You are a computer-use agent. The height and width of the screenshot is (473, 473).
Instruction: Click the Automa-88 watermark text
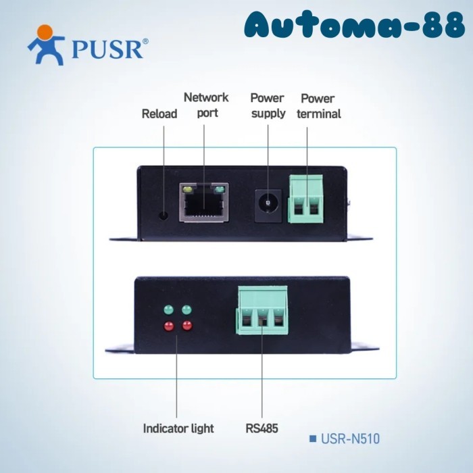click(x=355, y=24)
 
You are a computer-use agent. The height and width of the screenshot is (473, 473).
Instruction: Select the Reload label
click(x=159, y=114)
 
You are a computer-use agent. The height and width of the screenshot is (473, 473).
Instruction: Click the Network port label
click(x=206, y=105)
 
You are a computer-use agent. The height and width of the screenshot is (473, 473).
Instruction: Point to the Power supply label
click(x=268, y=105)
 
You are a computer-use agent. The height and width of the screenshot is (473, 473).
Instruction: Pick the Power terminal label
click(x=318, y=106)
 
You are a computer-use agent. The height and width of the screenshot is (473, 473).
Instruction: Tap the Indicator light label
click(x=178, y=428)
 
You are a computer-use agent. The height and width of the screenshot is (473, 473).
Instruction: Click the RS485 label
click(x=262, y=428)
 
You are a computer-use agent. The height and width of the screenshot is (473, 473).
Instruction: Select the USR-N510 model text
click(x=350, y=439)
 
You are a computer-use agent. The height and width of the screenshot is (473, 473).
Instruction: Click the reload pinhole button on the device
click(x=164, y=216)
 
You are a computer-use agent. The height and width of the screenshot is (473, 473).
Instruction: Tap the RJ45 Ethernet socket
click(x=204, y=203)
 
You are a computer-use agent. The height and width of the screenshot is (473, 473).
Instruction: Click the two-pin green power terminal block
click(x=305, y=199)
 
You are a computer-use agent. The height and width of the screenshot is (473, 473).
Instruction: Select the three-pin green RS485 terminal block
click(x=262, y=310)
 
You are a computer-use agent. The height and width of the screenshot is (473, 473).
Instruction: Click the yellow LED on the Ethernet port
click(x=188, y=190)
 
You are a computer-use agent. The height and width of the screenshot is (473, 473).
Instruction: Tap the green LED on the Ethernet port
click(x=220, y=190)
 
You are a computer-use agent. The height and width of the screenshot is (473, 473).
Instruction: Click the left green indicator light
click(x=169, y=309)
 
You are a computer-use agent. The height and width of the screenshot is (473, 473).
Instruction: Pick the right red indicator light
click(x=187, y=326)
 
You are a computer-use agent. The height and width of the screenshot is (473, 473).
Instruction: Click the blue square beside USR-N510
click(x=313, y=439)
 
